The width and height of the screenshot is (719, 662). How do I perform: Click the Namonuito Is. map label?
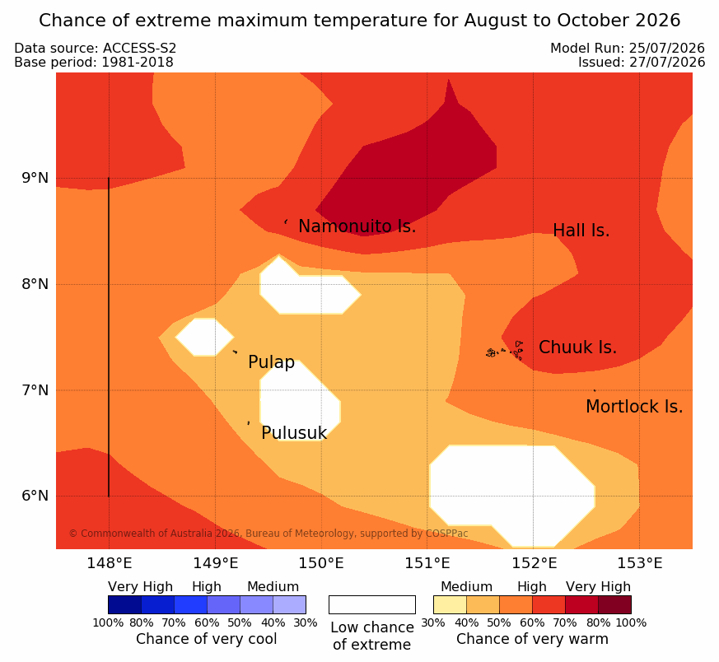[x=357, y=226]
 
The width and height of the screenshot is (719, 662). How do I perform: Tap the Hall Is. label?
[x=581, y=231]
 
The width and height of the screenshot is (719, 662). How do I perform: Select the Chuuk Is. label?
[x=578, y=347]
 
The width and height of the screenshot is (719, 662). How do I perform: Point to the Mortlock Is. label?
[x=634, y=406]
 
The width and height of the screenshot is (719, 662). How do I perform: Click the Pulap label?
[x=272, y=362]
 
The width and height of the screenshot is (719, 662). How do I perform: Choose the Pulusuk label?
[x=294, y=433]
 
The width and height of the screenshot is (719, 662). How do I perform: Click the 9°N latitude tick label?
[x=35, y=178]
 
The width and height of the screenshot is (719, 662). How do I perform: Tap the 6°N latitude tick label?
[x=35, y=496]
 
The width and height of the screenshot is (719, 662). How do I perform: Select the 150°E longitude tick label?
[x=321, y=563]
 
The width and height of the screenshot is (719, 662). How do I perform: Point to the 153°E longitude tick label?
[x=639, y=563]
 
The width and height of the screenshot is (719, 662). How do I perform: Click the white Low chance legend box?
[x=372, y=604]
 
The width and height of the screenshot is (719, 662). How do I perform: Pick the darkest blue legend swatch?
[x=124, y=604]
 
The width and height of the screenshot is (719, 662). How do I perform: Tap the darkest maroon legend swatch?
[x=615, y=604]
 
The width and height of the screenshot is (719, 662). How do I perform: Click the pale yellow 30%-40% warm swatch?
[x=450, y=604]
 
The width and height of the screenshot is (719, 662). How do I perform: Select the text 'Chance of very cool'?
[x=207, y=639]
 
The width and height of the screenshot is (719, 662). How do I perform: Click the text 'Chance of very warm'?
[x=532, y=639]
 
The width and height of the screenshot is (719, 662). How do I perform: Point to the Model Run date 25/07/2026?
[x=667, y=48]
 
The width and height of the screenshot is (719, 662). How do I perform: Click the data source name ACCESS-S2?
[x=139, y=48]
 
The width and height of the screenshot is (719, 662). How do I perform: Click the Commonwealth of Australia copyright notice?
[x=268, y=534]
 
